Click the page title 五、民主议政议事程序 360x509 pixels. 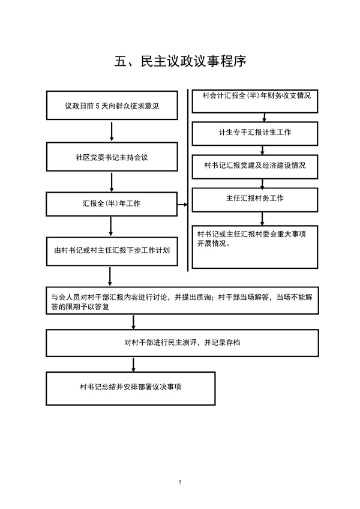pos(180,61)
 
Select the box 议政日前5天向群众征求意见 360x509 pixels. pos(112,105)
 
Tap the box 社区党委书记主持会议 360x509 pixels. pos(112,157)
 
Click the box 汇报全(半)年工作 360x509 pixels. pos(112,204)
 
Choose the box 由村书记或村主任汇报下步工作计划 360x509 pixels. pos(112,251)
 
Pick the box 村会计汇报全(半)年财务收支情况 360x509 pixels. pos(255,101)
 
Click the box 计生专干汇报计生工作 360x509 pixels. pos(255,133)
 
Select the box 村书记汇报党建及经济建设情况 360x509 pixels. pos(255,166)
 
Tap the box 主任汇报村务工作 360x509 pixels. pos(255,200)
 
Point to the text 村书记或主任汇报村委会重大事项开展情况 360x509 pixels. pos(251,239)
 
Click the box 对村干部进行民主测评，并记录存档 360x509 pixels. pos(182,343)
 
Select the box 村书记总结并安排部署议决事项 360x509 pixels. pos(130,388)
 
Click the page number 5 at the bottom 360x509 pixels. pos(180,482)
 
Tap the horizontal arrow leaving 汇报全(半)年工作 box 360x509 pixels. pos(183,205)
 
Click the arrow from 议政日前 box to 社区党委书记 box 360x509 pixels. pos(112,131)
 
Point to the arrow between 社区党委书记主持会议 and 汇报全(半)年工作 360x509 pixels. pos(112,182)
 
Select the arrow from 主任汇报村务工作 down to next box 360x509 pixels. pos(262,219)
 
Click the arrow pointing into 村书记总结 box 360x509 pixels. pos(133,364)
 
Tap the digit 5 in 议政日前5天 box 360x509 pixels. pos(97,106)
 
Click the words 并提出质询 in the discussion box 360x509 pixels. pos(193,297)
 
